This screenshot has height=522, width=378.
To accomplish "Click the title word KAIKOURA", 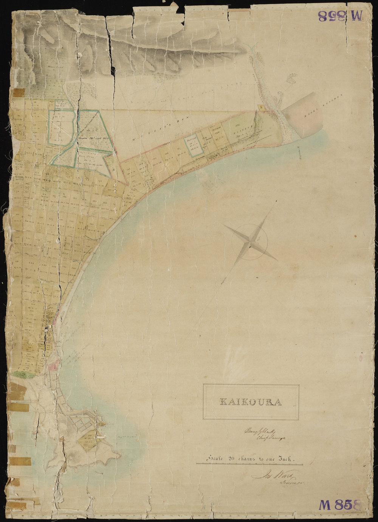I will pyautogui.click(x=251, y=402).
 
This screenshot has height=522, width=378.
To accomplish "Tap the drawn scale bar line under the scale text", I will pyautogui.click(x=249, y=464).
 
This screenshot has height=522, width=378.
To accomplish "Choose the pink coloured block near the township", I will pyautogui.click(x=53, y=365).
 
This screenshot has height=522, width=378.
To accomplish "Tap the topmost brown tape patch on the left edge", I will pyautogui.click(x=18, y=93).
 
